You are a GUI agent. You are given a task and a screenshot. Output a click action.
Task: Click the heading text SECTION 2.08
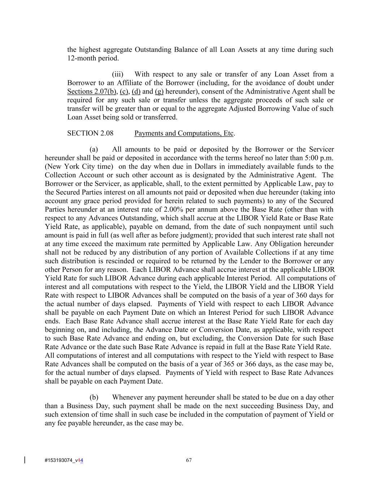pos(90,133)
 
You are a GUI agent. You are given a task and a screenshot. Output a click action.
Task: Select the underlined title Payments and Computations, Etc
pos(184,133)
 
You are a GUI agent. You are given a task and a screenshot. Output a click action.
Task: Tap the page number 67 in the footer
pos(189,460)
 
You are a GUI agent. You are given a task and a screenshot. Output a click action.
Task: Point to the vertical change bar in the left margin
pos(25,460)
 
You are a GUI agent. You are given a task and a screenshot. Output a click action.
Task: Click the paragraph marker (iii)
pos(117,74)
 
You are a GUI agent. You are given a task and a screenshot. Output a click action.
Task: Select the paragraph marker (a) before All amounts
pos(94,150)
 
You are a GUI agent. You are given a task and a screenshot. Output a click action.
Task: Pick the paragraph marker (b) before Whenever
pos(94,397)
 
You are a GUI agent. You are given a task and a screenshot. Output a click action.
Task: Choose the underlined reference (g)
pos(159,91)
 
